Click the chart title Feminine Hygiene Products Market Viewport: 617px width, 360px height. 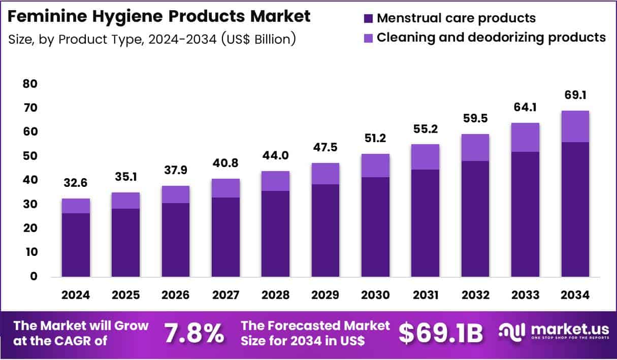click(159, 16)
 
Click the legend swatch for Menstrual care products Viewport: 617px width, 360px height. click(369, 19)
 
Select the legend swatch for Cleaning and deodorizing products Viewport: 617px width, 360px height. click(369, 38)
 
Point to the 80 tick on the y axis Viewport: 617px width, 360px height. click(30, 84)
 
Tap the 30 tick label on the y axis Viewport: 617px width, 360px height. click(30, 204)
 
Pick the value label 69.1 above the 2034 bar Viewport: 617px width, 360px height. click(575, 95)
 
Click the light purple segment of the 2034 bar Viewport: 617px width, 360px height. click(575, 126)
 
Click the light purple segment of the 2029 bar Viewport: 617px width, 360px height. click(326, 173)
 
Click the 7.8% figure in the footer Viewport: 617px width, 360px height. click(194, 334)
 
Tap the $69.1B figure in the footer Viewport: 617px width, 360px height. click(440, 334)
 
